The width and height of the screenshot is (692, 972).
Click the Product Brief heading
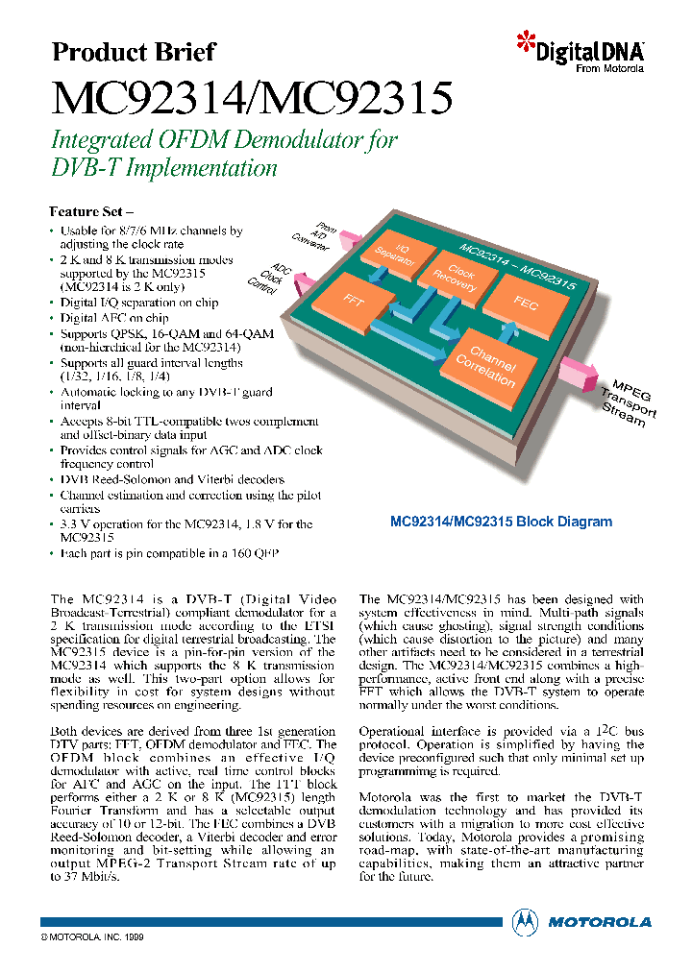pyautogui.click(x=133, y=52)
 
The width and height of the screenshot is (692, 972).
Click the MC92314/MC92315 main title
pyautogui.click(x=251, y=98)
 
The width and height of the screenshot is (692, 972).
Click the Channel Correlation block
pyautogui.click(x=485, y=363)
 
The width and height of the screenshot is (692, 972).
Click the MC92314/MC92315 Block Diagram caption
pyautogui.click(x=500, y=522)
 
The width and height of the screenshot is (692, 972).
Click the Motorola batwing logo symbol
pyautogui.click(x=525, y=920)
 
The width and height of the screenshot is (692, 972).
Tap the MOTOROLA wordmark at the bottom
pyautogui.click(x=599, y=921)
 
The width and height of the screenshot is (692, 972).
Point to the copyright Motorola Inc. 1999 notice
pyautogui.click(x=92, y=935)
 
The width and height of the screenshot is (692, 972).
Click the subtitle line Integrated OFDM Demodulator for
pyautogui.click(x=223, y=140)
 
